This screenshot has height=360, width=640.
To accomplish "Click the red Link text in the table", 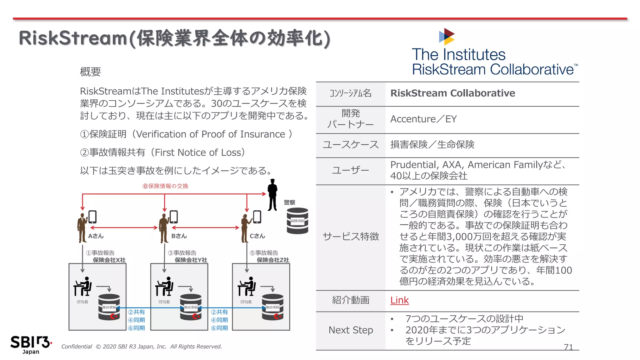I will tap(399, 300).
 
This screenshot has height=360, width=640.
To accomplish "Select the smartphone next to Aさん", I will tap(92, 217).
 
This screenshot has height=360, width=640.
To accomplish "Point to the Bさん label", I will tap(179, 236).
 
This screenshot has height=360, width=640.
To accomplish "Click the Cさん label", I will tap(257, 236).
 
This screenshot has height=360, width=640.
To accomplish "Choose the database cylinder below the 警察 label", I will tap(297, 221).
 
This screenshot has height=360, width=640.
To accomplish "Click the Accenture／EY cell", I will tap(423, 119).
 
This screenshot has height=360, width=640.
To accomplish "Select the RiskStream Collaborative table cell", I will tap(452, 93).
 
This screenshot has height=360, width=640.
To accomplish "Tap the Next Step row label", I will tap(351, 330).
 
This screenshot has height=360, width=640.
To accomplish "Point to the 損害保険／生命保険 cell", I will tap(432, 144).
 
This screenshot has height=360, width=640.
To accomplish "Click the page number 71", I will tap(568, 347).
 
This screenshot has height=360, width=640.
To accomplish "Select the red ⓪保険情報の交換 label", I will tap(165, 186).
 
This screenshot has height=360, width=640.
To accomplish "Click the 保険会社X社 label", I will tap(109, 260).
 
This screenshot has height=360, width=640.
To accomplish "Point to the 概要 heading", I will tap(90, 72).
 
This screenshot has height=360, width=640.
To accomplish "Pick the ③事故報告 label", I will tap(182, 253).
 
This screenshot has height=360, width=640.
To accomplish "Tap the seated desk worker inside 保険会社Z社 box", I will tap(247, 286).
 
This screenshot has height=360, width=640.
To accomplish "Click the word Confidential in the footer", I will tap(77, 347).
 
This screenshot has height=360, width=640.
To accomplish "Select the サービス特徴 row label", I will tap(351, 237).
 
